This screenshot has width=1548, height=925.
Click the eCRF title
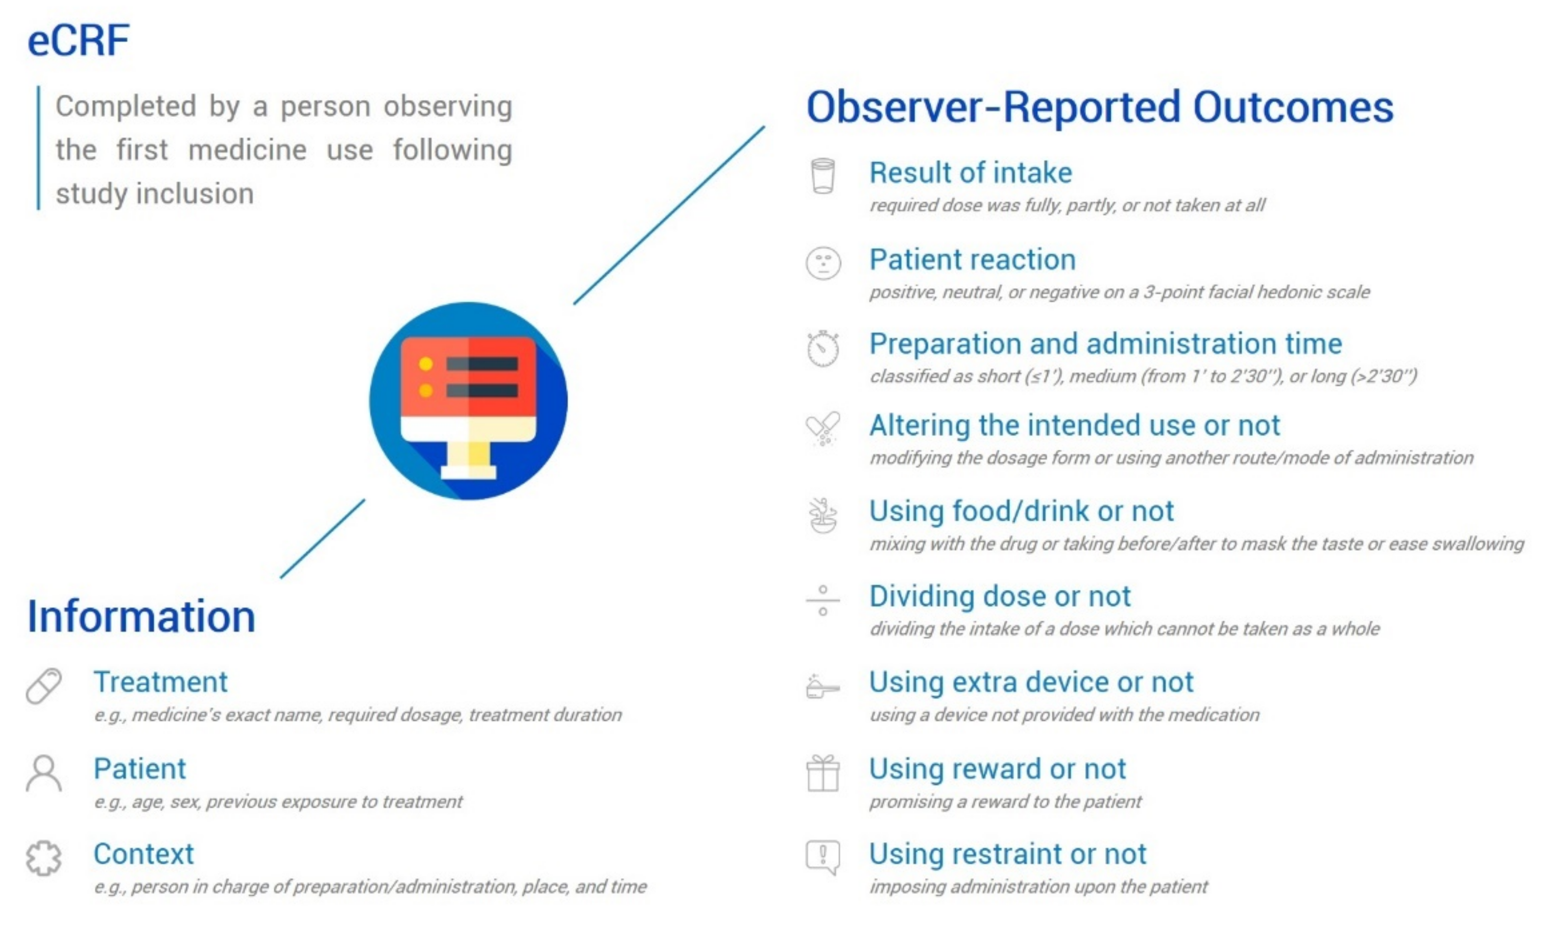[78, 41]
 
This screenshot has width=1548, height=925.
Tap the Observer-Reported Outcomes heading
[1100, 107]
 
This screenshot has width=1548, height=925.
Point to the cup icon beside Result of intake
[822, 176]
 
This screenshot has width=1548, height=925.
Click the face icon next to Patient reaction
[823, 263]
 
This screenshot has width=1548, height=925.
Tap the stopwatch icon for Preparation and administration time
[823, 348]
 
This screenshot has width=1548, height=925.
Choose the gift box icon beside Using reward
[823, 773]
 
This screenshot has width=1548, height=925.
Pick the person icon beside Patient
[44, 773]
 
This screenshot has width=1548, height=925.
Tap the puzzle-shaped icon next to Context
[44, 858]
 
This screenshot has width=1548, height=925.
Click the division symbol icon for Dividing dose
[823, 600]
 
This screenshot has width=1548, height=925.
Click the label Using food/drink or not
[1021, 511]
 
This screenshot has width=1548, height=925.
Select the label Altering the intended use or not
[1074, 426]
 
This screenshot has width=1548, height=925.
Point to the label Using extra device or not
[1031, 682]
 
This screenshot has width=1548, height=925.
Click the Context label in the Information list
[144, 854]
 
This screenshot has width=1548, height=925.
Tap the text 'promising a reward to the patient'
[1006, 802]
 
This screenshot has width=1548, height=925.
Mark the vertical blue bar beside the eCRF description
[39, 148]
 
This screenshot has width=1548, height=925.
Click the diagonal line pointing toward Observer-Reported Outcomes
[669, 215]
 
